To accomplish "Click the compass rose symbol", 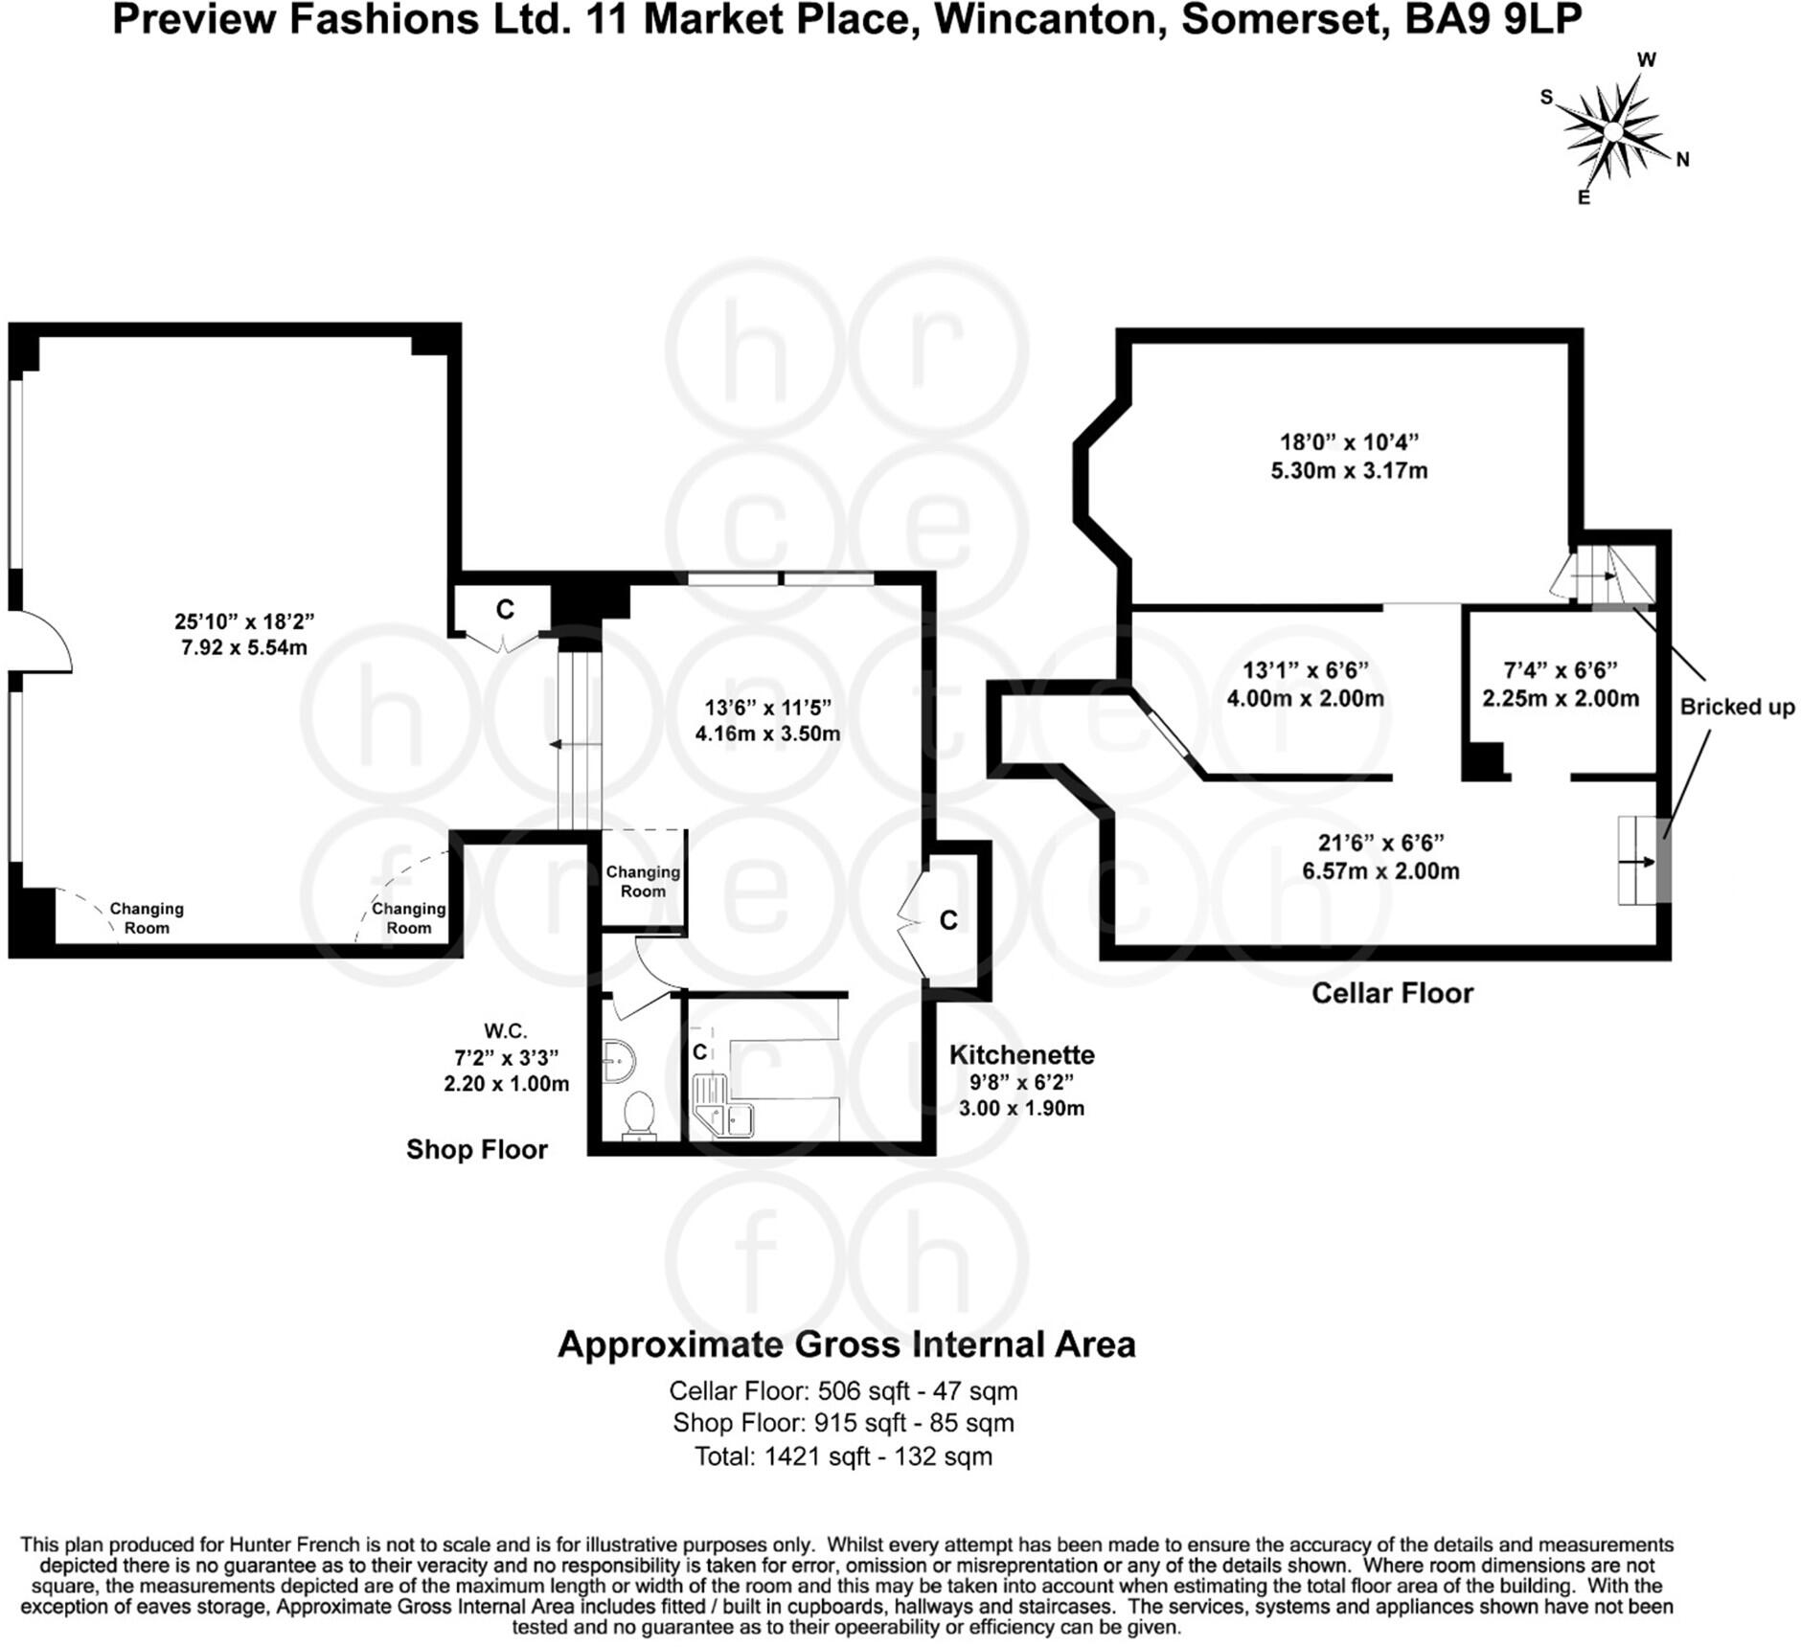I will (x=1614, y=130).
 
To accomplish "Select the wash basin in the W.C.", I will (x=617, y=1061).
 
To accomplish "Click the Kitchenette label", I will (x=1021, y=1054).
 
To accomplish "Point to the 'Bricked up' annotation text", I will (x=1737, y=707).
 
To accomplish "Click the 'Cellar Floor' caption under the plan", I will (x=1392, y=993).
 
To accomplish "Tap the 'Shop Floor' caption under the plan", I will (x=476, y=1149).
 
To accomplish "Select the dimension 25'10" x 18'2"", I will (x=244, y=621).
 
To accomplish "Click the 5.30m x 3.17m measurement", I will (x=1349, y=471).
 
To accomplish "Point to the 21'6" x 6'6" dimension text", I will (x=1380, y=843).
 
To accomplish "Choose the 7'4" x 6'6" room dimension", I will (x=1561, y=670).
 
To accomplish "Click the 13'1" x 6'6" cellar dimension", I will (x=1305, y=670).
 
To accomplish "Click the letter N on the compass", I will (x=1682, y=160).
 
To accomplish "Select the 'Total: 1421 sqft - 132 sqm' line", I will (x=843, y=1456).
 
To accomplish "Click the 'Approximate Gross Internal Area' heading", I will (x=846, y=1344).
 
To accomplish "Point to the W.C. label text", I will (x=505, y=1030).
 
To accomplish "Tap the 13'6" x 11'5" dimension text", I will (x=767, y=708).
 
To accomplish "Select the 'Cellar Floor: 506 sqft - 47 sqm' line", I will (x=843, y=1390).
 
